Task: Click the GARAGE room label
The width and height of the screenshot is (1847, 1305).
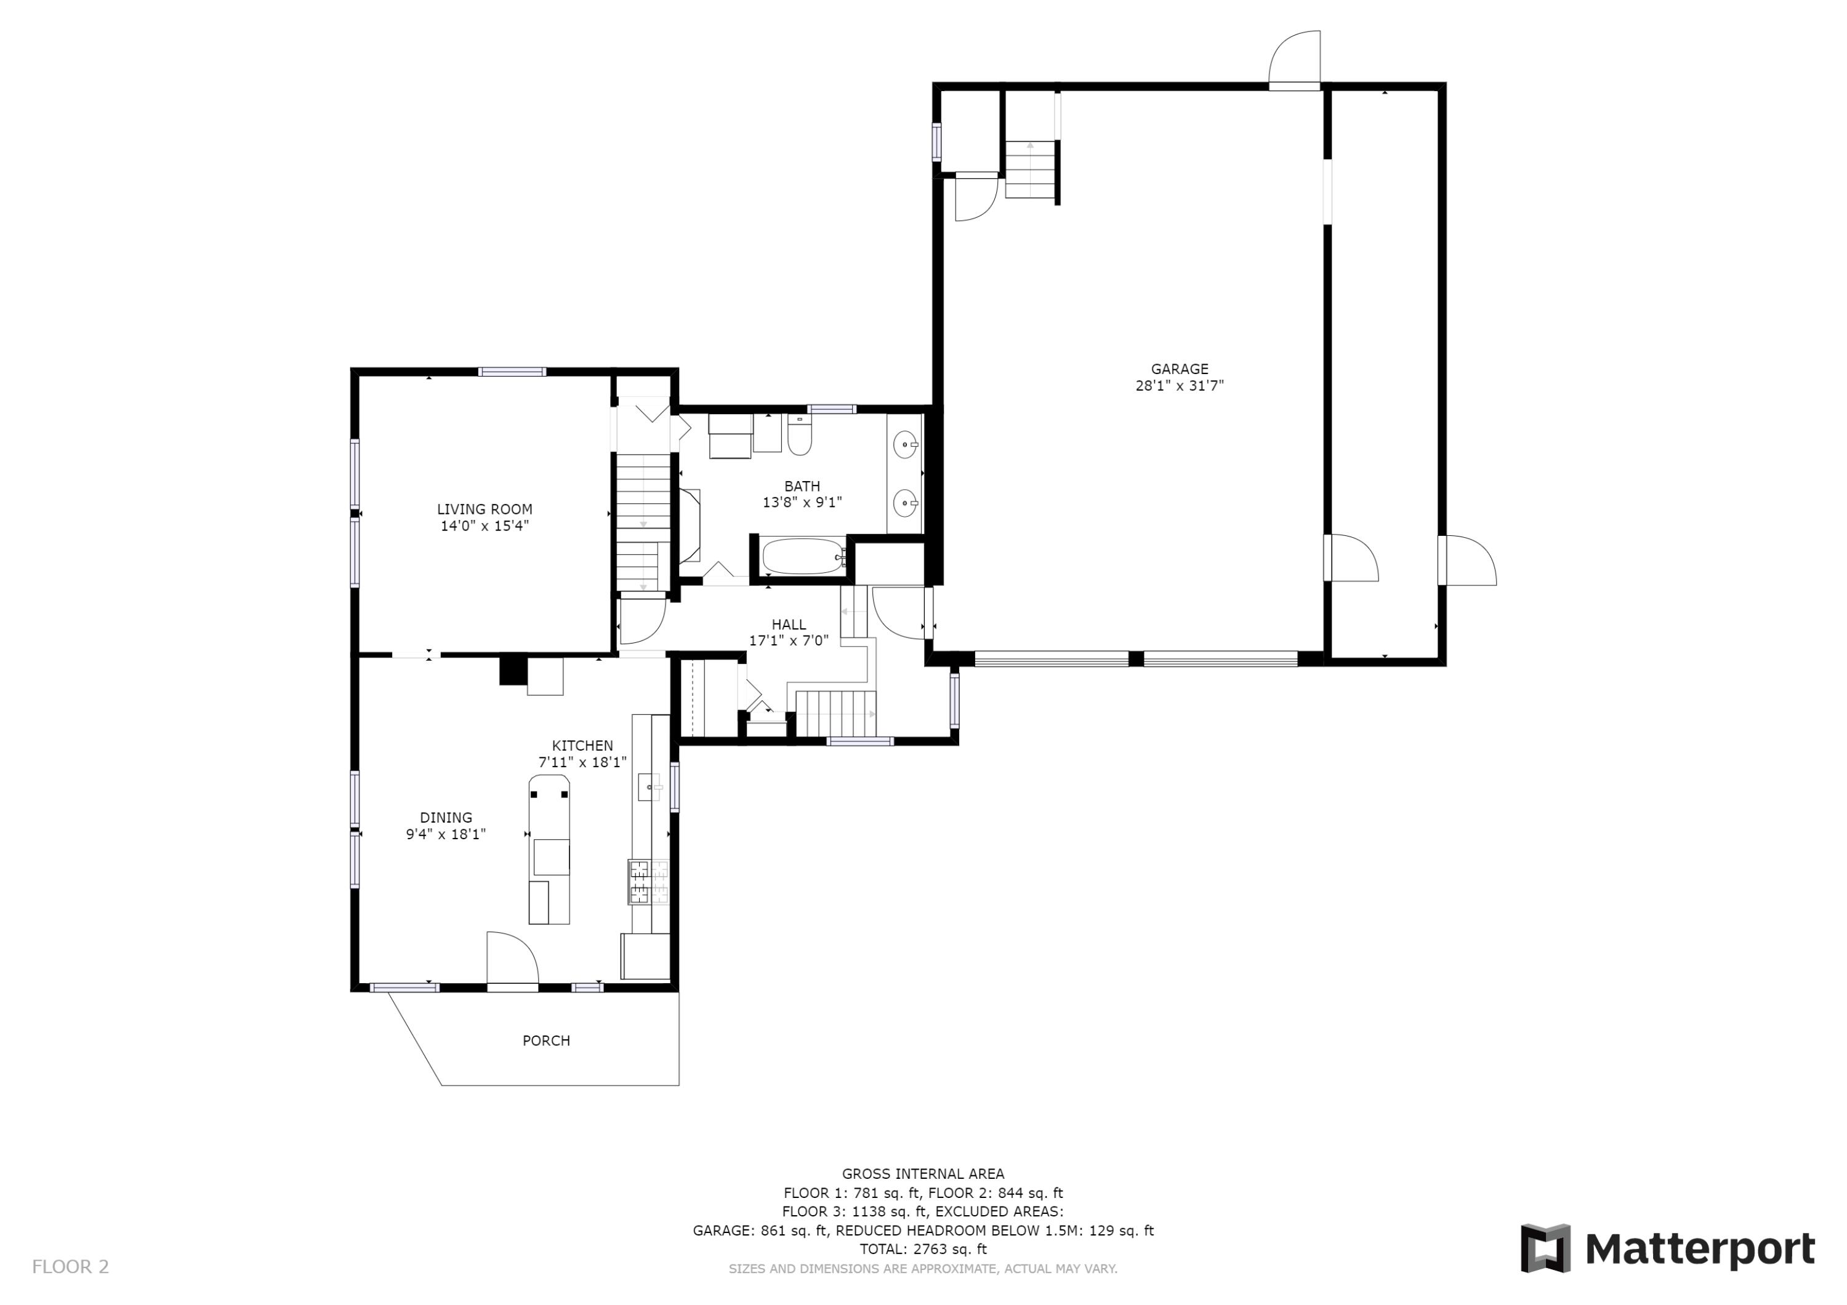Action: click(1180, 369)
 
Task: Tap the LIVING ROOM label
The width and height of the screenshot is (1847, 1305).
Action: click(485, 509)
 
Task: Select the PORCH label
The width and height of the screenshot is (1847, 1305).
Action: click(546, 1040)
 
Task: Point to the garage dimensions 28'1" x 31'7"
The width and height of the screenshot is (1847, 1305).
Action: click(1180, 386)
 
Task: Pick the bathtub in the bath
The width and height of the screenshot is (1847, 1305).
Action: click(803, 556)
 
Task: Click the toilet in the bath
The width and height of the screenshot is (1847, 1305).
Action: click(800, 435)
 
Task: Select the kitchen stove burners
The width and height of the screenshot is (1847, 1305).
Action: click(648, 882)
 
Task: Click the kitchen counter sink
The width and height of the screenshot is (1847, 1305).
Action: click(650, 786)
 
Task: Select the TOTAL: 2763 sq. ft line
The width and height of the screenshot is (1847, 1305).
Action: click(923, 1249)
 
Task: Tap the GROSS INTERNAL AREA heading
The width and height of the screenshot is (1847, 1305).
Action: click(923, 1174)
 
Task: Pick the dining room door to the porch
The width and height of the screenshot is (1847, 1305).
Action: click(512, 957)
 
